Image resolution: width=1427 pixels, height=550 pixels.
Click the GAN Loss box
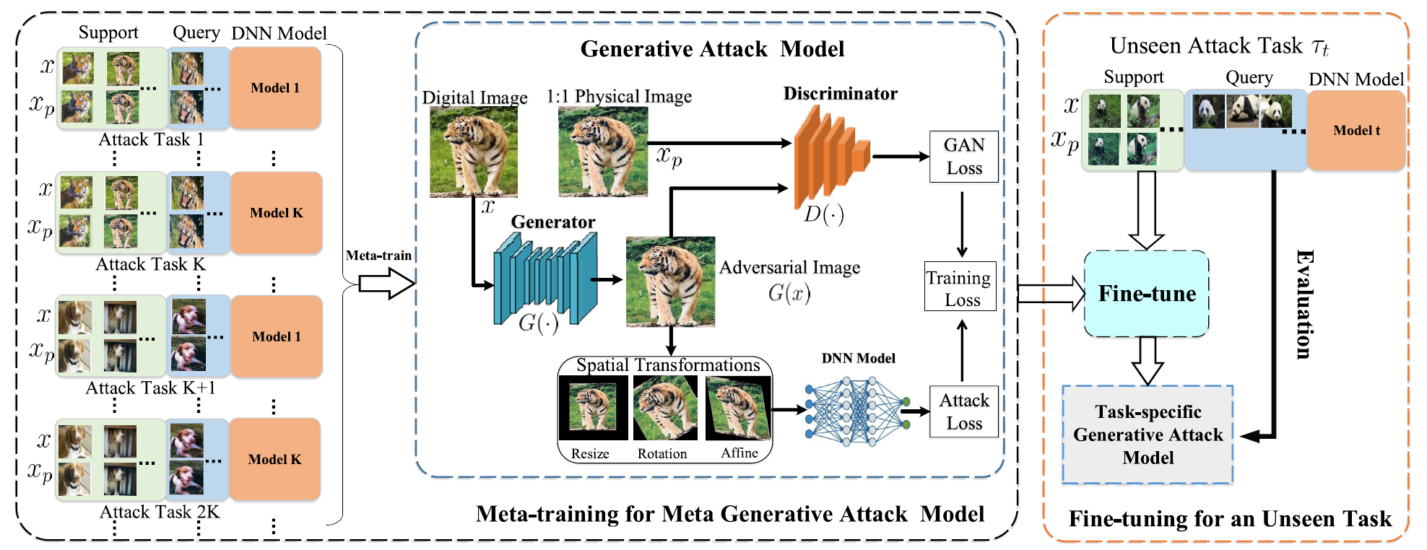tap(963, 157)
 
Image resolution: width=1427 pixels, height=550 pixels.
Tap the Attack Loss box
tap(963, 412)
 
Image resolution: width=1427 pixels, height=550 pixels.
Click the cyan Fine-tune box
tap(1146, 293)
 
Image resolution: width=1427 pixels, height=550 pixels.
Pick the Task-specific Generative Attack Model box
tap(1147, 435)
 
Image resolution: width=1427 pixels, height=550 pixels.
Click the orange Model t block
tap(1356, 131)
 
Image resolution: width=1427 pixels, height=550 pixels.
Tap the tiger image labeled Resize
tap(592, 409)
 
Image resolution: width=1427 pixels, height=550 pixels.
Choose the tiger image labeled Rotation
tap(665, 409)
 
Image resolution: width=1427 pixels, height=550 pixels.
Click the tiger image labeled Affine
tap(738, 409)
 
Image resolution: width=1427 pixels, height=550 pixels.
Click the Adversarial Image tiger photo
tap(670, 281)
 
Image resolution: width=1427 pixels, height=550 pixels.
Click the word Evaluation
tap(1304, 304)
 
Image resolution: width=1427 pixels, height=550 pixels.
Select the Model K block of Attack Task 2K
tap(274, 459)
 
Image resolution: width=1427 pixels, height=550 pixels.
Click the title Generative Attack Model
tap(712, 49)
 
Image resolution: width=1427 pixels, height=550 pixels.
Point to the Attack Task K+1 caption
tap(150, 388)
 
